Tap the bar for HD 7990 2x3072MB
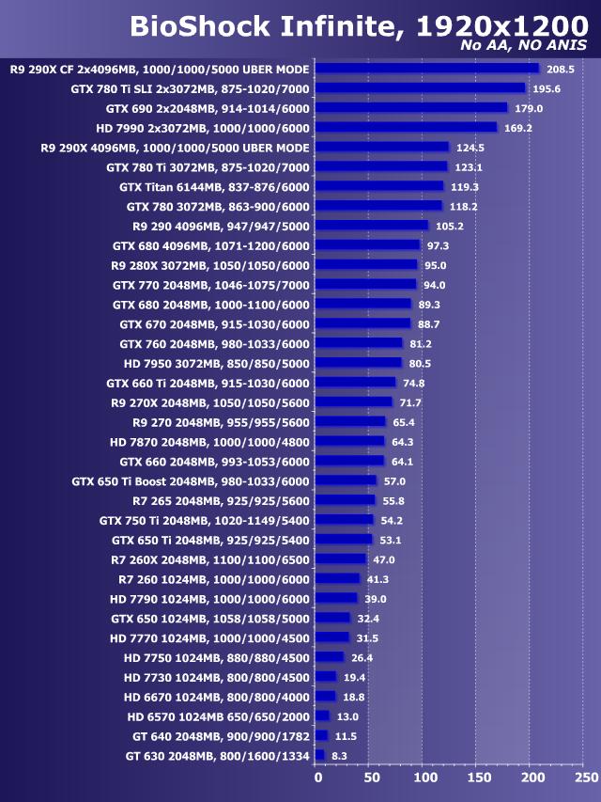tap(407, 128)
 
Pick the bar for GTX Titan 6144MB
tap(379, 187)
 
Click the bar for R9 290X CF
tap(427, 69)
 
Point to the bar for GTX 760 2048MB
tap(359, 343)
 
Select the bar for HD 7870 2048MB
tap(350, 442)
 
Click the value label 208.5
tap(561, 69)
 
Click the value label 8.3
tap(339, 755)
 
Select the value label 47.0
tap(384, 559)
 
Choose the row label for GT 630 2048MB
tap(217, 755)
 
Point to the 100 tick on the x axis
tap(424, 778)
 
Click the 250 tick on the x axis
tap(585, 778)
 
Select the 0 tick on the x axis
tap(317, 778)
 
